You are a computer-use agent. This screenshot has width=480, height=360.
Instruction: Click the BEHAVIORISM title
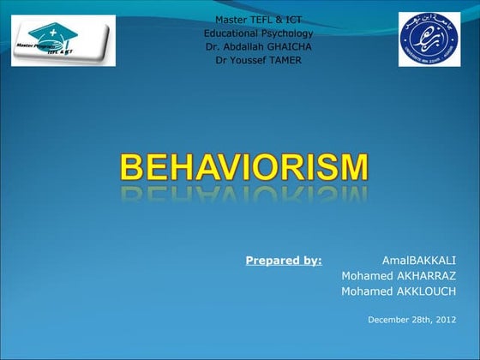(244, 166)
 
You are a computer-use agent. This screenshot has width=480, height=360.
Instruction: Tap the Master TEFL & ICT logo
(63, 40)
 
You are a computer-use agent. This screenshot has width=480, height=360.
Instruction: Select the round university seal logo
(428, 39)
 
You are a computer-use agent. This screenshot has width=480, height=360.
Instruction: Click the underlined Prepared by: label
(284, 260)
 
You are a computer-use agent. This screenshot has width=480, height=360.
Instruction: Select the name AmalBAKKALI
(419, 260)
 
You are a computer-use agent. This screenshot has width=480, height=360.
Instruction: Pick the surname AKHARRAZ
(426, 275)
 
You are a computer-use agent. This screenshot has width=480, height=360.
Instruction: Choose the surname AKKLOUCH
(426, 291)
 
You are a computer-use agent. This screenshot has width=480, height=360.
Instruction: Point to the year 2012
(444, 320)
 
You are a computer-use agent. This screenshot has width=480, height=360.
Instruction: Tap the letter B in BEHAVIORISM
(131, 166)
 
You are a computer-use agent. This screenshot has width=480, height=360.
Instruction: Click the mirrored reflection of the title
(244, 195)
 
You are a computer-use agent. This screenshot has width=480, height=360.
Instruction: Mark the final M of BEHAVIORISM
(353, 166)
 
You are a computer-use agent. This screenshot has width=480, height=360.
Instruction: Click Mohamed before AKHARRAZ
(366, 275)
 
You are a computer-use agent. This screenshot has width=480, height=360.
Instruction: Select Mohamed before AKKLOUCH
(366, 291)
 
